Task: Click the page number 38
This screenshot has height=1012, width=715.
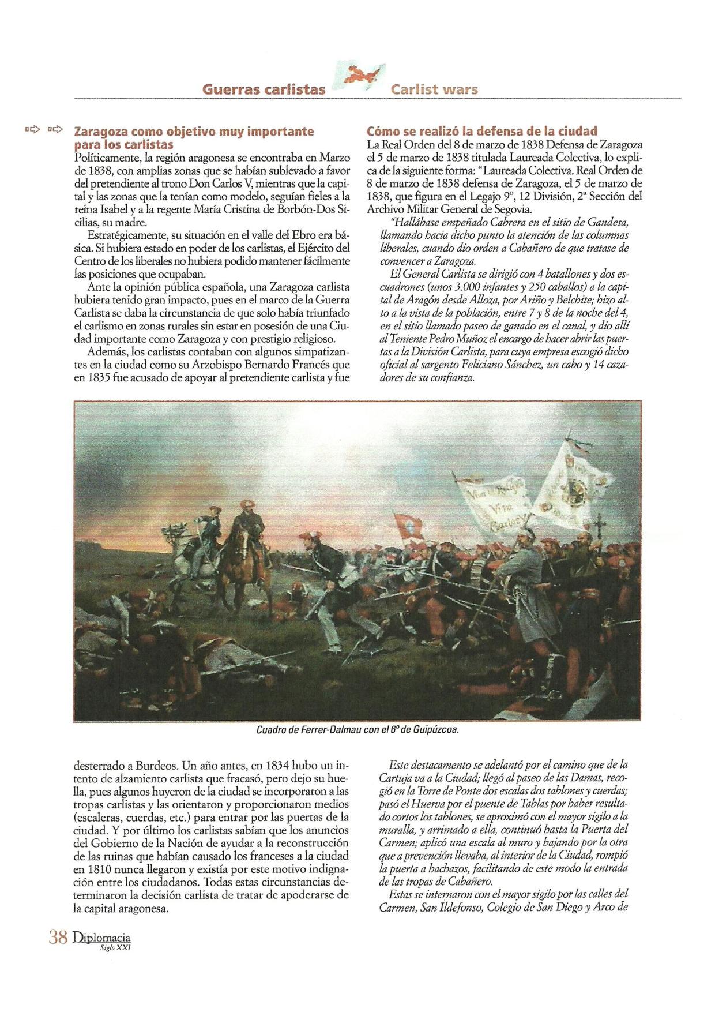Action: coord(58,937)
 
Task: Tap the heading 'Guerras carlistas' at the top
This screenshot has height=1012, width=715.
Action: coord(264,89)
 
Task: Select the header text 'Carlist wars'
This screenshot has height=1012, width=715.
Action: coord(434,89)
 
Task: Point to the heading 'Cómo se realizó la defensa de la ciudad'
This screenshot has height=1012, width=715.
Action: coord(482,131)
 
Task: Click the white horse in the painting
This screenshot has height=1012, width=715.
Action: coord(199,545)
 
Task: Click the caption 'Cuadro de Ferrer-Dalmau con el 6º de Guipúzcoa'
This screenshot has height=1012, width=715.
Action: coord(357,730)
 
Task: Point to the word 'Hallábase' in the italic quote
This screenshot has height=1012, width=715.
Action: coord(412,223)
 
